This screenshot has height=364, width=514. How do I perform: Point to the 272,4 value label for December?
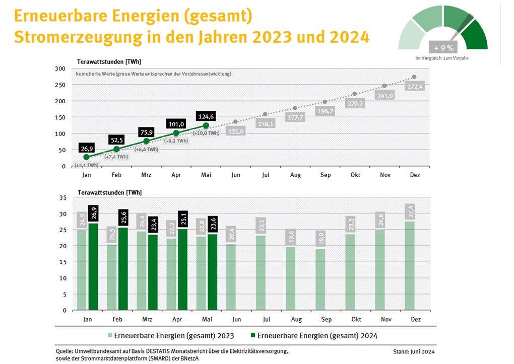[414, 87]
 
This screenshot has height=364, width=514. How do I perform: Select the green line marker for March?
[146, 141]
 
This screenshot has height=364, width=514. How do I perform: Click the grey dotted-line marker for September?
[325, 102]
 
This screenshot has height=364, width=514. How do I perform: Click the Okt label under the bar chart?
[356, 319]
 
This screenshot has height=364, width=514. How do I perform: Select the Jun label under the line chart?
[235, 175]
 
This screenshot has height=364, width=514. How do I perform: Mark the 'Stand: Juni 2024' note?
[414, 351]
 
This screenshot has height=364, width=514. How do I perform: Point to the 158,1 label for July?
[266, 123]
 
